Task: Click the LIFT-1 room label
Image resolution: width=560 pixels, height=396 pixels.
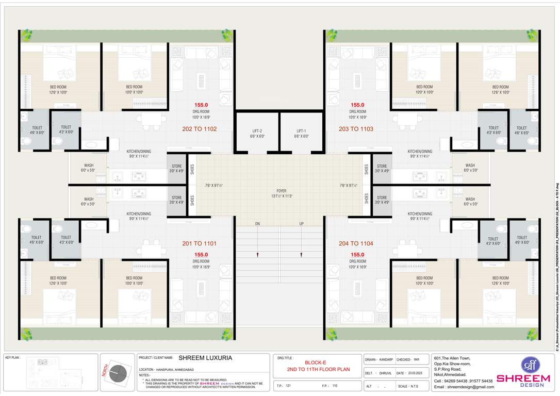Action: tap(302, 130)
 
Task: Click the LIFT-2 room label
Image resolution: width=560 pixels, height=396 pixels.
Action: tap(257, 130)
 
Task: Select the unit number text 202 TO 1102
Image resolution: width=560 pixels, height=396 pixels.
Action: tap(199, 129)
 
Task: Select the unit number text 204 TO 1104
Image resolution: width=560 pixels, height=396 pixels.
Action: tap(356, 243)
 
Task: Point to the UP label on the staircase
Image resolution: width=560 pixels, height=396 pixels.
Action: tap(301, 224)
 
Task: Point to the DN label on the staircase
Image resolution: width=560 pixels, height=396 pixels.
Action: tap(257, 224)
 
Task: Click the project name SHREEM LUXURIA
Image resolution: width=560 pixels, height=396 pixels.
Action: tap(205, 357)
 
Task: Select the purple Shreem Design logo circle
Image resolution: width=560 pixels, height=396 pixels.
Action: tap(529, 365)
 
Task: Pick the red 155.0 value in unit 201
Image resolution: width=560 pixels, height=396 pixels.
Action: tap(201, 255)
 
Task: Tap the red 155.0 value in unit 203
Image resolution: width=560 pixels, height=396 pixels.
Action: tap(357, 105)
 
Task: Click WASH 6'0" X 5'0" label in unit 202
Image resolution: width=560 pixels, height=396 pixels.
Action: tap(89, 168)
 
